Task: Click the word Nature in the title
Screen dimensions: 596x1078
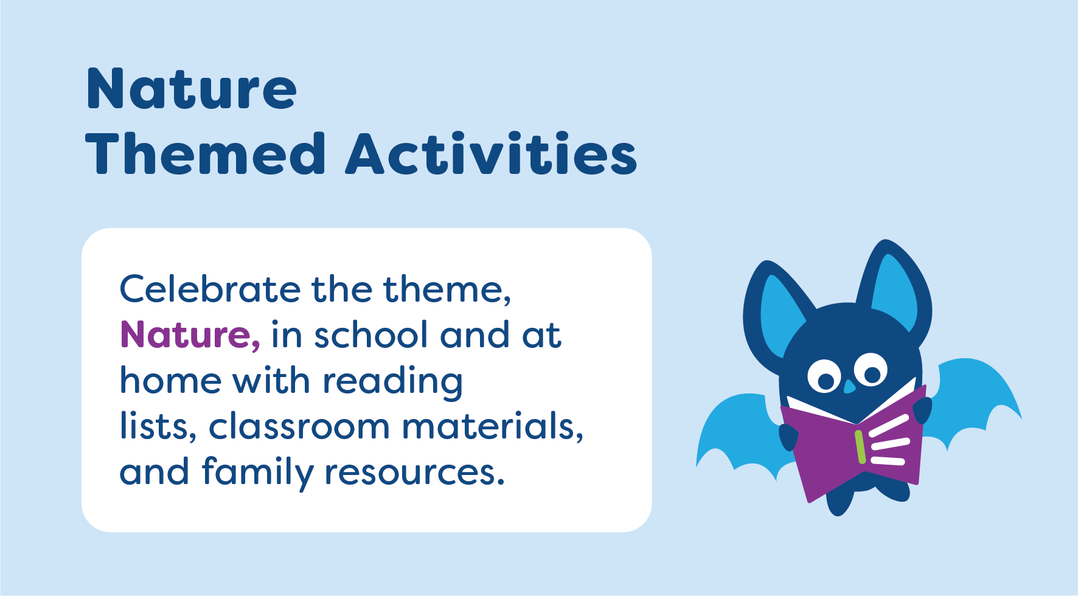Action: point(192,89)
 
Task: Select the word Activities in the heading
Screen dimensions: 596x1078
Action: point(492,154)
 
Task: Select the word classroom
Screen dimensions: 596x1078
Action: point(299,426)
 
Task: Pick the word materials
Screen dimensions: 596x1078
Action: point(492,426)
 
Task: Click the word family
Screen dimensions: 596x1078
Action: point(257,473)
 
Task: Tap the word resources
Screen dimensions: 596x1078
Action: point(414,473)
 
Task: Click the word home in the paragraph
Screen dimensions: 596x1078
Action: point(171,381)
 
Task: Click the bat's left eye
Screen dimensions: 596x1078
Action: point(824,376)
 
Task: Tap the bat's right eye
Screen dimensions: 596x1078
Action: point(871,370)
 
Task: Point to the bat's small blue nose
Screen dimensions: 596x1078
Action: point(849,386)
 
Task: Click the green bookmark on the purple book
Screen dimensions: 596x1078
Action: point(860,447)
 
